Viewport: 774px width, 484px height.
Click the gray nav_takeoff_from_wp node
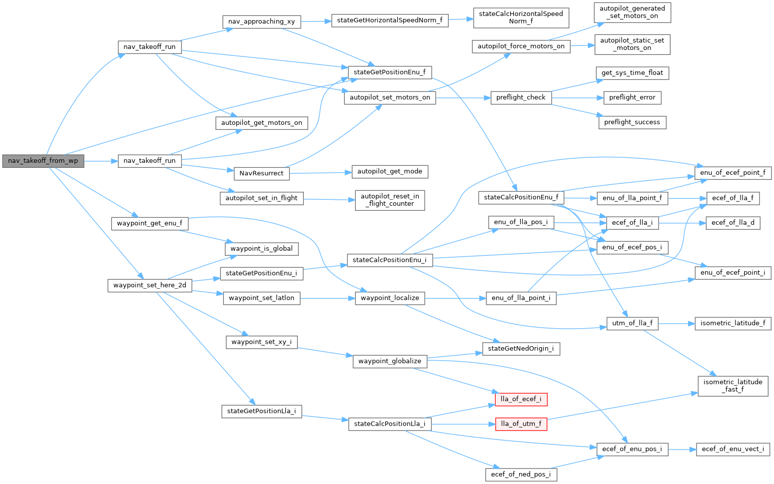(x=43, y=161)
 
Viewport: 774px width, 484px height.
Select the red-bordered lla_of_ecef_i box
(x=521, y=399)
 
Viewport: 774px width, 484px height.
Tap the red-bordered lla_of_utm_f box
(x=521, y=424)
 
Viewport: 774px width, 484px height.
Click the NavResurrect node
(x=261, y=173)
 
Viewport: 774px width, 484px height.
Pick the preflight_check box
(x=521, y=97)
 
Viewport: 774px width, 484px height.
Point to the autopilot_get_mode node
(x=390, y=171)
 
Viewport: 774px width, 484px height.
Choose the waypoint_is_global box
(x=261, y=249)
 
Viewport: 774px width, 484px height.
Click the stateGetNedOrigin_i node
(x=521, y=349)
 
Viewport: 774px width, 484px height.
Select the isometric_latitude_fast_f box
(x=733, y=386)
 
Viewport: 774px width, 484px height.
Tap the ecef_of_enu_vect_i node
(x=733, y=449)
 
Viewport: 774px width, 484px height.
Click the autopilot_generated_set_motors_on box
(x=632, y=12)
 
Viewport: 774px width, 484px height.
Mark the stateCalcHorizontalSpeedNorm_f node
(x=521, y=17)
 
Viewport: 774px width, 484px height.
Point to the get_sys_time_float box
(x=632, y=73)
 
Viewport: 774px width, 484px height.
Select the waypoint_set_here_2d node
(x=149, y=285)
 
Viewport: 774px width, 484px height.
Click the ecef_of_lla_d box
(x=733, y=223)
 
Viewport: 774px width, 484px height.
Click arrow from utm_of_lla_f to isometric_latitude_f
(x=676, y=324)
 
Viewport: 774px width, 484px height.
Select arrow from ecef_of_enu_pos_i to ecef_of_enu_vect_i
(x=682, y=449)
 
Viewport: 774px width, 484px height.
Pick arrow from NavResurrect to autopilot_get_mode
(x=320, y=173)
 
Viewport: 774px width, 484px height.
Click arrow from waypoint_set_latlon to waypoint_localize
(x=327, y=298)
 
